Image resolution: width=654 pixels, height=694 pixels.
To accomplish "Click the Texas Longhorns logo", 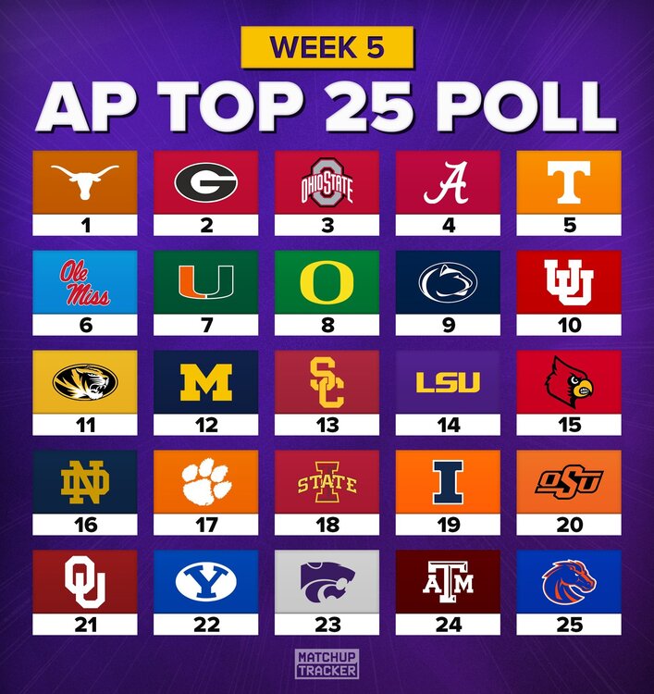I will [85, 180].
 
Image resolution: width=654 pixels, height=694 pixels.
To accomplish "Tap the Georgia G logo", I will [206, 181].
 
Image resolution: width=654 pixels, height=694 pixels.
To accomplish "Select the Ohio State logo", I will [327, 182].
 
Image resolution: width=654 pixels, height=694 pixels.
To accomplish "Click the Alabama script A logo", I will [448, 182].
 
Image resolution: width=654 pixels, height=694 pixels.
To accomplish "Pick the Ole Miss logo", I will [85, 282].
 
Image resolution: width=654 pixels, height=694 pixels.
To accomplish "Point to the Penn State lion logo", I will [448, 282].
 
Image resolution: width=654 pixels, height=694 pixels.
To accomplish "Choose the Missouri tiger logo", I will [85, 381].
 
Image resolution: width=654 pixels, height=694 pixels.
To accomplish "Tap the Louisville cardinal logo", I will [569, 381].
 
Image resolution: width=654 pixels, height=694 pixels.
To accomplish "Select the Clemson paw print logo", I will [206, 482].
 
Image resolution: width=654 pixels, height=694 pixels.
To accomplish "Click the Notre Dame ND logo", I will [85, 482].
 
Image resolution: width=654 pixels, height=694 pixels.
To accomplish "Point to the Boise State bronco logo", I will [569, 581].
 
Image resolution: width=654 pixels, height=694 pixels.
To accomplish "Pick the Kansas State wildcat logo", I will [327, 581].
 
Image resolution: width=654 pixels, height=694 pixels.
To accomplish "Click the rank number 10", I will [569, 325].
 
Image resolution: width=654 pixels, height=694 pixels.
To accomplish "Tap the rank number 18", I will [327, 525].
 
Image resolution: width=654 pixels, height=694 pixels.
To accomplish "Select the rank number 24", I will [448, 625].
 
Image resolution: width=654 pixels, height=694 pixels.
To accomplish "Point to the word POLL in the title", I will [537, 107].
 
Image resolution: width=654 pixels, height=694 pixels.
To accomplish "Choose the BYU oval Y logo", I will [206, 581].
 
